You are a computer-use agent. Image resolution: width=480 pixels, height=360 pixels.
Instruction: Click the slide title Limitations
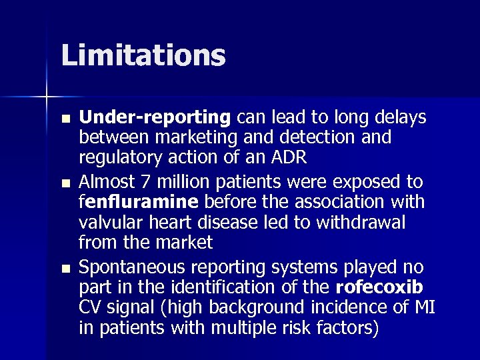(x=143, y=55)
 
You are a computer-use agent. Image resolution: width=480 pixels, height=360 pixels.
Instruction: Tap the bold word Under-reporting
(x=155, y=118)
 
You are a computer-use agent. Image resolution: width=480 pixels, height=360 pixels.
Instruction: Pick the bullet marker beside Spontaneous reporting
(x=64, y=268)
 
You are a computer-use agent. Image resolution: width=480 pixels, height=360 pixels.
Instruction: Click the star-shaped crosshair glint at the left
(x=47, y=97)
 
